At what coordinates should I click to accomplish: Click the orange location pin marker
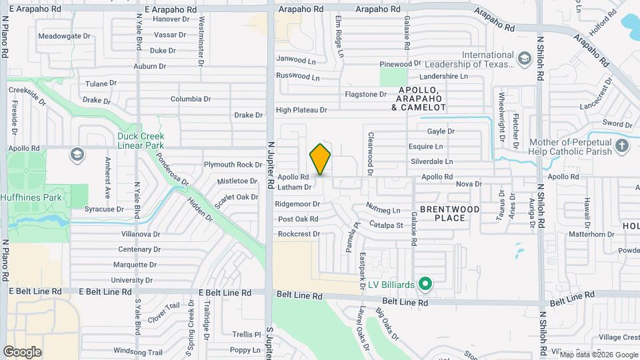(x=320, y=159)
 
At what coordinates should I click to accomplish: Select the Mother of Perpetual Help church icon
(x=622, y=146)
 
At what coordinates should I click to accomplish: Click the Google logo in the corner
(x=22, y=351)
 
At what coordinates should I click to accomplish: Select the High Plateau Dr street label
(x=301, y=110)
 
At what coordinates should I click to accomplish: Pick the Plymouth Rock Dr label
(x=233, y=165)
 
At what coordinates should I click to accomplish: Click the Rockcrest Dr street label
(x=299, y=234)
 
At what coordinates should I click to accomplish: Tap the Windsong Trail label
(x=138, y=351)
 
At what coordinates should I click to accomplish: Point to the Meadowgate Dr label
(x=64, y=36)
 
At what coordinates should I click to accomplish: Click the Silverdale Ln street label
(x=431, y=161)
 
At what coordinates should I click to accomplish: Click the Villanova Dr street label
(x=139, y=234)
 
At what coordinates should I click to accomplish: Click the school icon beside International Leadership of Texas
(x=525, y=59)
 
